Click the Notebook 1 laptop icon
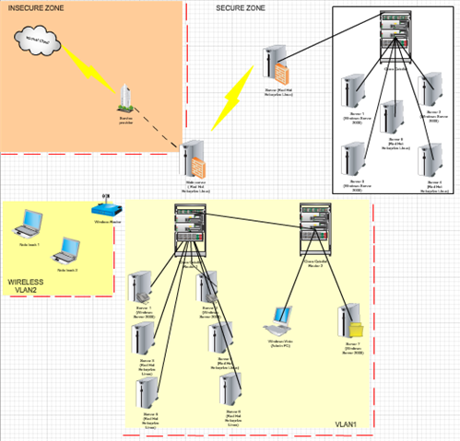30,222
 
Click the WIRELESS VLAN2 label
28,286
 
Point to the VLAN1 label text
345,424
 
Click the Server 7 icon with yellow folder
351,321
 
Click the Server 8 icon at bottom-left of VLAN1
147,390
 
